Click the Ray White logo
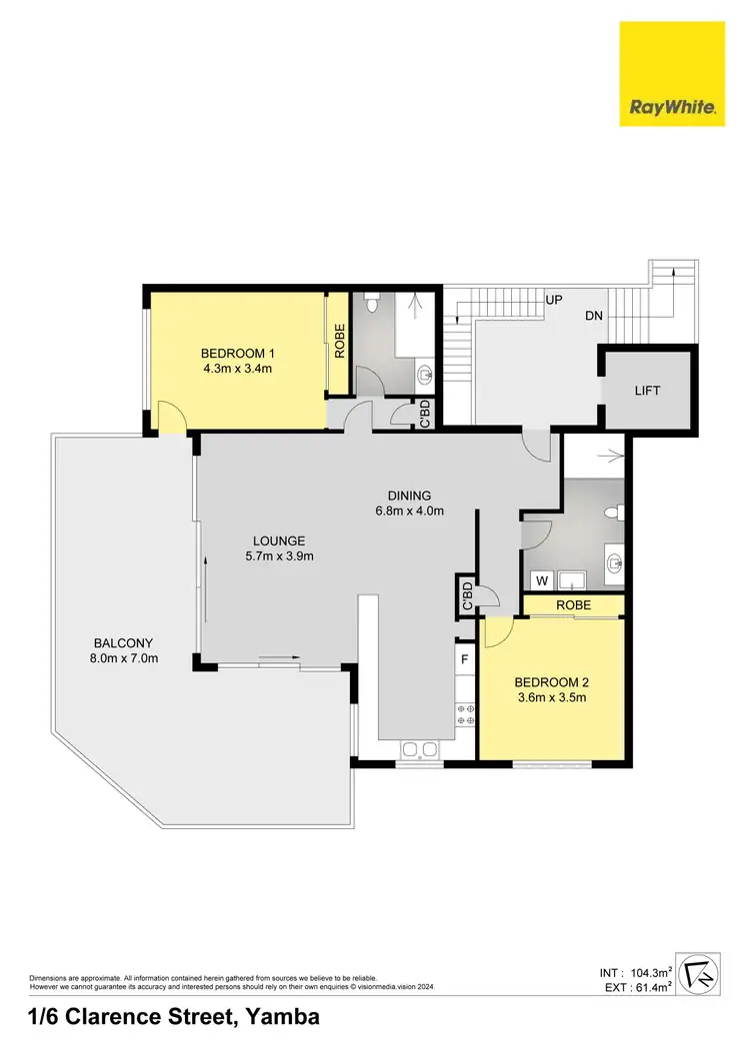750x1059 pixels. tap(672, 74)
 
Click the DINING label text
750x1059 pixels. tap(409, 495)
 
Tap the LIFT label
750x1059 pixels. tap(647, 391)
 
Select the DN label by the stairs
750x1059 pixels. tap(594, 315)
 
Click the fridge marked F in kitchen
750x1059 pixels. tap(465, 659)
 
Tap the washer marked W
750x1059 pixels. tap(541, 578)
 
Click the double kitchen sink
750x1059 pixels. tap(417, 750)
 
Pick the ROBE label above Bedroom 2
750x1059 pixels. tap(574, 605)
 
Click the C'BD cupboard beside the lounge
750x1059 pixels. tap(465, 595)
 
